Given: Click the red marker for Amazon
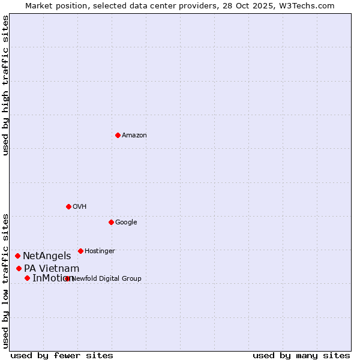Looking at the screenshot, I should (118, 135).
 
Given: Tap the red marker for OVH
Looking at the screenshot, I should (68, 206).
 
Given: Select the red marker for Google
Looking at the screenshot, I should (111, 222).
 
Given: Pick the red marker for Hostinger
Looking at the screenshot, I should (80, 251).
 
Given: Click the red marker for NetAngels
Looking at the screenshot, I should (18, 256).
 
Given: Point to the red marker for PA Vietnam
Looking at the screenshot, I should (19, 268).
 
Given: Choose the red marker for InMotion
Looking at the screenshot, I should (28, 278).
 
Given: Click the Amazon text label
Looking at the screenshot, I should (134, 136).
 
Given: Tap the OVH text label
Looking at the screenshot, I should (80, 207).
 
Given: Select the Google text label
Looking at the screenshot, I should (126, 223).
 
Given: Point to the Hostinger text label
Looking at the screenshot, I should (100, 251).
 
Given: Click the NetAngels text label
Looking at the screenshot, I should (47, 256).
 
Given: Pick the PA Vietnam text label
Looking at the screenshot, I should (52, 268).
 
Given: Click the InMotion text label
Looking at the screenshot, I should (52, 278).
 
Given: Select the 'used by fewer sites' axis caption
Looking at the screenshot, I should (62, 355).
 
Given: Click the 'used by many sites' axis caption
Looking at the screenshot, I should (301, 355).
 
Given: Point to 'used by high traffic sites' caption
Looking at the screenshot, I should (6, 85).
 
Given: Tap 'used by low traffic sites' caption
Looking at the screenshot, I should (6, 280).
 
